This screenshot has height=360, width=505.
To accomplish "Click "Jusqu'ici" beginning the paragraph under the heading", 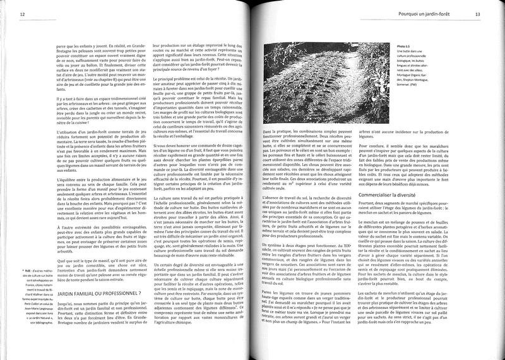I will (x=65, y=304).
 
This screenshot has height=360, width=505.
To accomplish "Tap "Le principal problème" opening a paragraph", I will (x=171, y=76).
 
